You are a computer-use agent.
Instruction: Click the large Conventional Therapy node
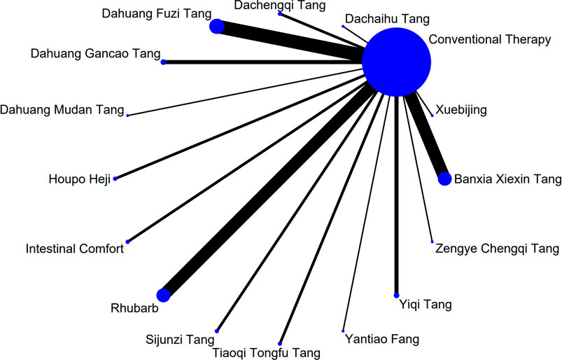[396, 62]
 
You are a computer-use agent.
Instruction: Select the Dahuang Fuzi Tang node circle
[217, 27]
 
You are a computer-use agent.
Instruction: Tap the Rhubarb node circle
[164, 295]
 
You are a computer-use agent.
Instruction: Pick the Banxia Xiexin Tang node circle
[444, 179]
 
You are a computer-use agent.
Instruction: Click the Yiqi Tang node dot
[397, 294]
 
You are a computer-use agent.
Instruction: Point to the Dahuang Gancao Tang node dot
[164, 62]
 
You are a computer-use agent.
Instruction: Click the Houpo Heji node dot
[115, 179]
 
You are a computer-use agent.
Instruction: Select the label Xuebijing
[461, 110]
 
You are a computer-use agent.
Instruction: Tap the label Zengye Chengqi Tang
[497, 249]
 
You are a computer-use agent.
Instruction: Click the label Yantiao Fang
[382, 340]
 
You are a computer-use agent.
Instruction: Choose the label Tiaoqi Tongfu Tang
[266, 352]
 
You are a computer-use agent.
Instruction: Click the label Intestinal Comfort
[75, 249]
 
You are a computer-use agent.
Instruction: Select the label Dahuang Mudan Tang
[62, 110]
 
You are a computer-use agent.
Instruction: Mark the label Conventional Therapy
[489, 40]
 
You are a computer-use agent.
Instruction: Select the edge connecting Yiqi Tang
[397, 196]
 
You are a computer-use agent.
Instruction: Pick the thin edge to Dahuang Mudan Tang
[245, 89]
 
